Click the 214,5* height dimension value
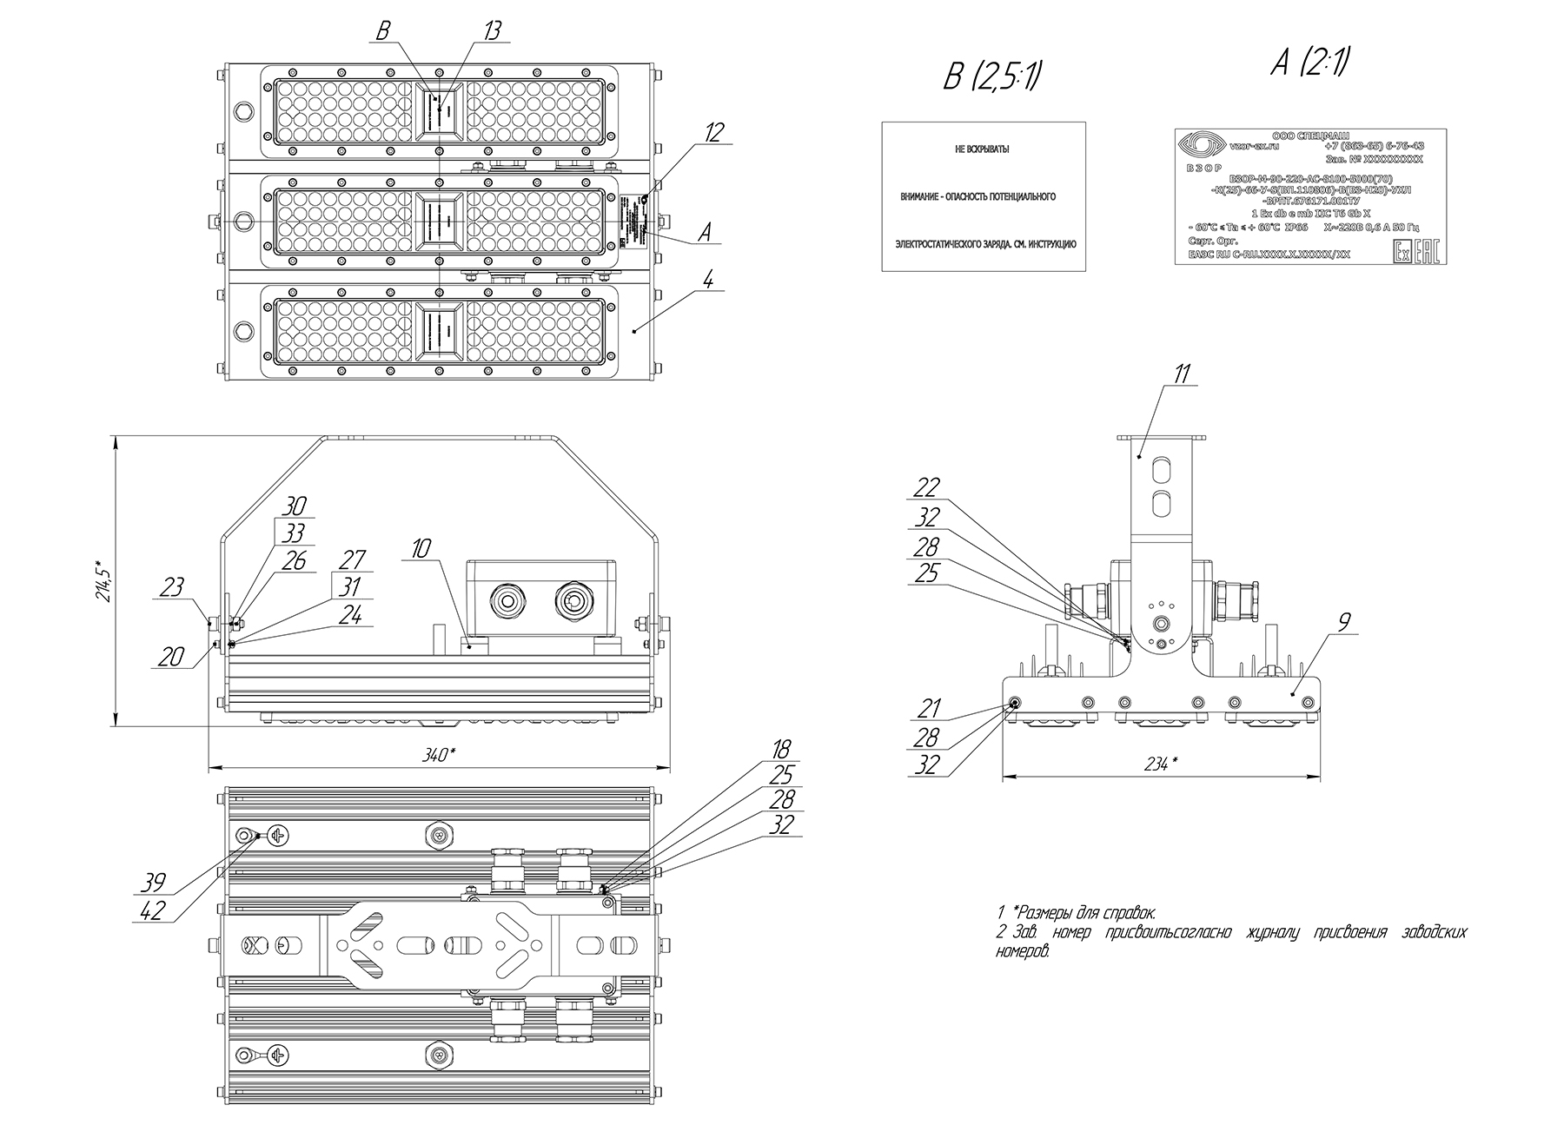point(105,581)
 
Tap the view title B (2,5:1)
point(992,77)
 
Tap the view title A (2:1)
point(1309,62)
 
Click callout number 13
point(492,31)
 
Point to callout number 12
point(713,132)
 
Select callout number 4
point(708,281)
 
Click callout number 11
point(1183,374)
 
